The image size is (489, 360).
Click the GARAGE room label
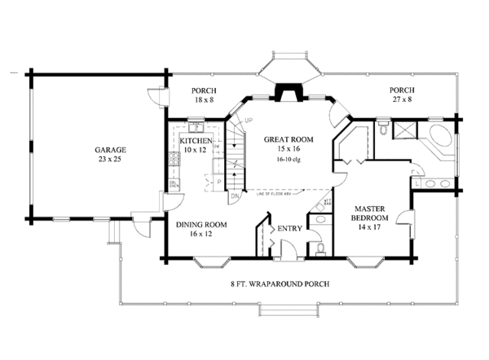tap(109, 151)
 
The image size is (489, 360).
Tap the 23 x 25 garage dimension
tap(109, 160)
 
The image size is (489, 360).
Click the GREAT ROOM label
tap(284, 139)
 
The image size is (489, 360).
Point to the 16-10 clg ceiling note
tap(284, 160)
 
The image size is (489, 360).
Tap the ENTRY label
tap(289, 229)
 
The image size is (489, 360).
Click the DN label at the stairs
tap(233, 196)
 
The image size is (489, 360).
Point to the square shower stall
tap(404, 131)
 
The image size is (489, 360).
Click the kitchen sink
tap(196, 128)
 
